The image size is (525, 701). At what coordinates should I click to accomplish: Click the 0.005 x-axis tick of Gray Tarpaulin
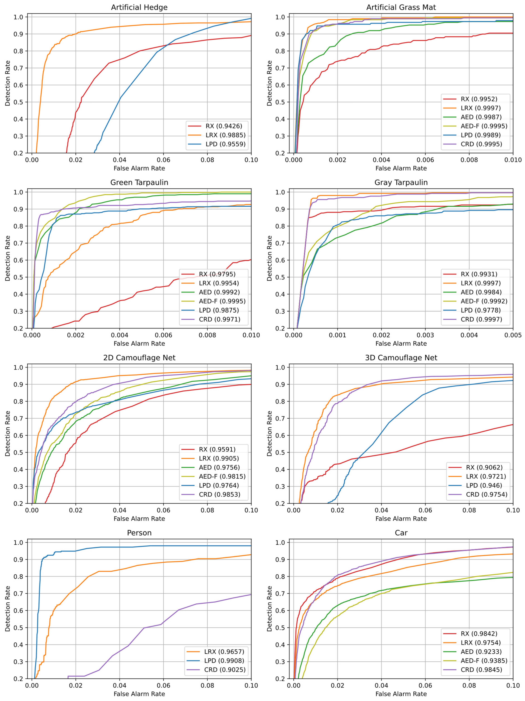coord(513,335)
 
